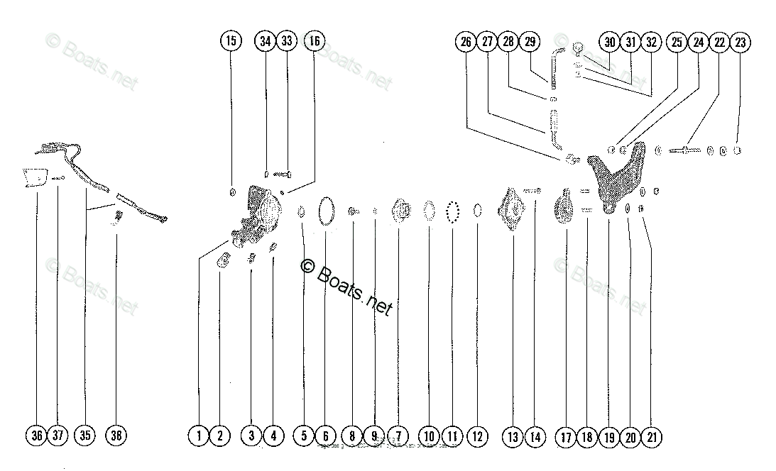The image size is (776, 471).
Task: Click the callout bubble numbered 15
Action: coord(230,42)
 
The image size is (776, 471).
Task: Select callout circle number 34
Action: coord(265,42)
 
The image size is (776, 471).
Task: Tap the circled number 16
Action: coord(313,42)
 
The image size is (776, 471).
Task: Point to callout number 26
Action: coord(466,43)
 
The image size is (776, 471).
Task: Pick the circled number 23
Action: coord(741,43)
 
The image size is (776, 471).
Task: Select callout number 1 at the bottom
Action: coord(200,436)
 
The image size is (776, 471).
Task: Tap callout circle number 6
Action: coord(324,436)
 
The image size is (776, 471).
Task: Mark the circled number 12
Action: coord(477,436)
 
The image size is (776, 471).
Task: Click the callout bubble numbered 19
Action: coord(609,437)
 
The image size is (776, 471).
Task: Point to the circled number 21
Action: coord(651,437)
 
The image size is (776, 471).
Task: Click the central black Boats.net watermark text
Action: coord(347,284)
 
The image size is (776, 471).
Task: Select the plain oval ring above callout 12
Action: coord(477,211)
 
